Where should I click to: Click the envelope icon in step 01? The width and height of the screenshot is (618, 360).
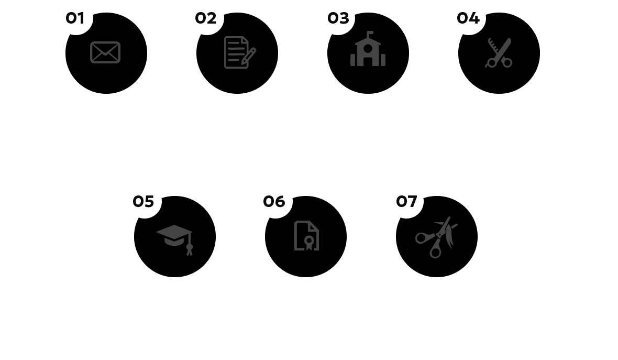pyautogui.click(x=105, y=52)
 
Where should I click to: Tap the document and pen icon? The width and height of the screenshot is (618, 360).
pyautogui.click(x=239, y=52)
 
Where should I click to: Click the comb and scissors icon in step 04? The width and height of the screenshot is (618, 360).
pyautogui.click(x=499, y=53)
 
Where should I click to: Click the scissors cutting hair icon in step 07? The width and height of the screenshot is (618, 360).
pyautogui.click(x=436, y=236)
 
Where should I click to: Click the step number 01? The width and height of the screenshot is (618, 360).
pyautogui.click(x=75, y=18)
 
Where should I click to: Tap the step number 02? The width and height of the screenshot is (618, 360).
pyautogui.click(x=205, y=18)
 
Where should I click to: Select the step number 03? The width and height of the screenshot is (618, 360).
pyautogui.click(x=338, y=18)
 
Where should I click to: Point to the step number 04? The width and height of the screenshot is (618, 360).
pyautogui.click(x=468, y=18)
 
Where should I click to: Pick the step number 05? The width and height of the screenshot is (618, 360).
pyautogui.click(x=144, y=202)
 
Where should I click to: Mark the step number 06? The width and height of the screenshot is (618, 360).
pyautogui.click(x=274, y=202)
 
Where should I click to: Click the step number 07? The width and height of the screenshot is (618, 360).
pyautogui.click(x=406, y=202)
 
